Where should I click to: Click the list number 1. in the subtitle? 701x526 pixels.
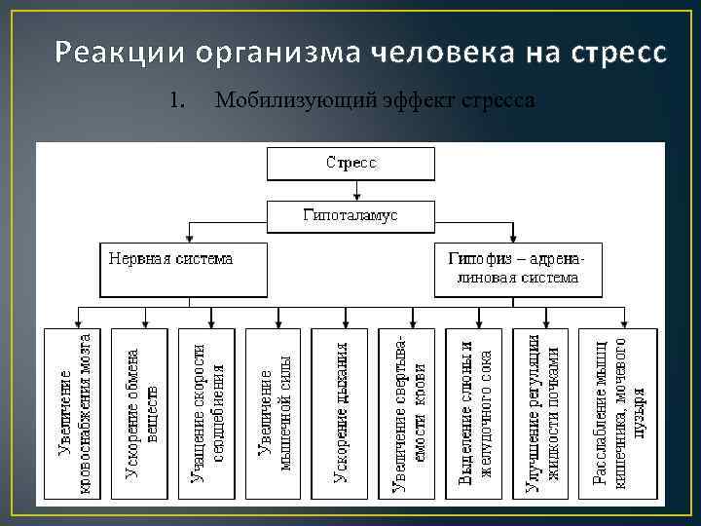coord(176,100)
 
